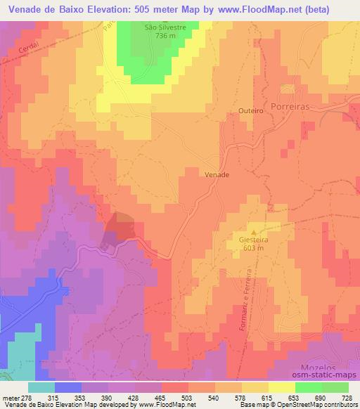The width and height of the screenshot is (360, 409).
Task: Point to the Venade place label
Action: (x=217, y=174)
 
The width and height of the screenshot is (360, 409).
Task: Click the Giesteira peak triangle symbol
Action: (x=254, y=231)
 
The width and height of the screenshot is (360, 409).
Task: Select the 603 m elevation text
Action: (x=254, y=248)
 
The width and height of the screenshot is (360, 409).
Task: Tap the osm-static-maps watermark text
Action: (x=330, y=375)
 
